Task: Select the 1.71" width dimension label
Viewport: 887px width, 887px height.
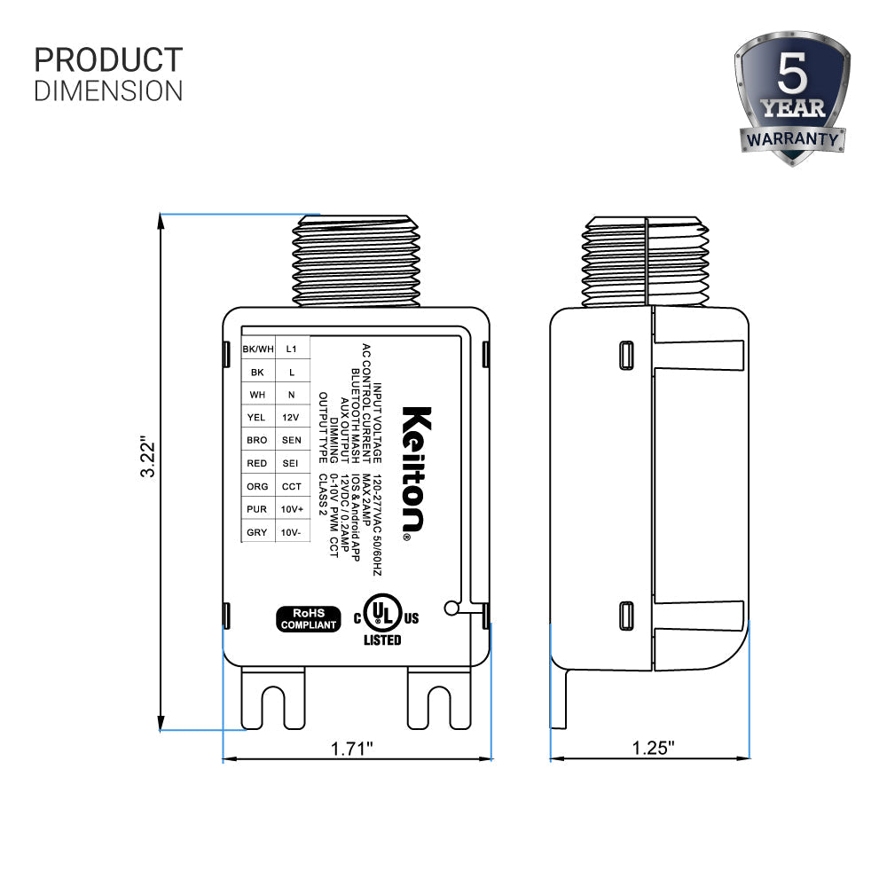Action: (x=352, y=748)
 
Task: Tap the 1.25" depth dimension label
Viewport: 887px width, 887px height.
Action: (x=654, y=748)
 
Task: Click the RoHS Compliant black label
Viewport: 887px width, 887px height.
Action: (x=310, y=618)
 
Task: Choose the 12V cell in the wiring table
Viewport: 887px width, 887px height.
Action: (x=291, y=417)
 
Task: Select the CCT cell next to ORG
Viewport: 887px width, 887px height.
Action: (x=291, y=486)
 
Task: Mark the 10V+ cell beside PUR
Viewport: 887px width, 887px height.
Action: (x=291, y=509)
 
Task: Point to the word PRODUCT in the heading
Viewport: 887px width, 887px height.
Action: (x=108, y=60)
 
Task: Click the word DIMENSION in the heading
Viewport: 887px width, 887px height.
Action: (x=108, y=90)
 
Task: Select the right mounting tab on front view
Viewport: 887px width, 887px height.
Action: (x=438, y=699)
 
